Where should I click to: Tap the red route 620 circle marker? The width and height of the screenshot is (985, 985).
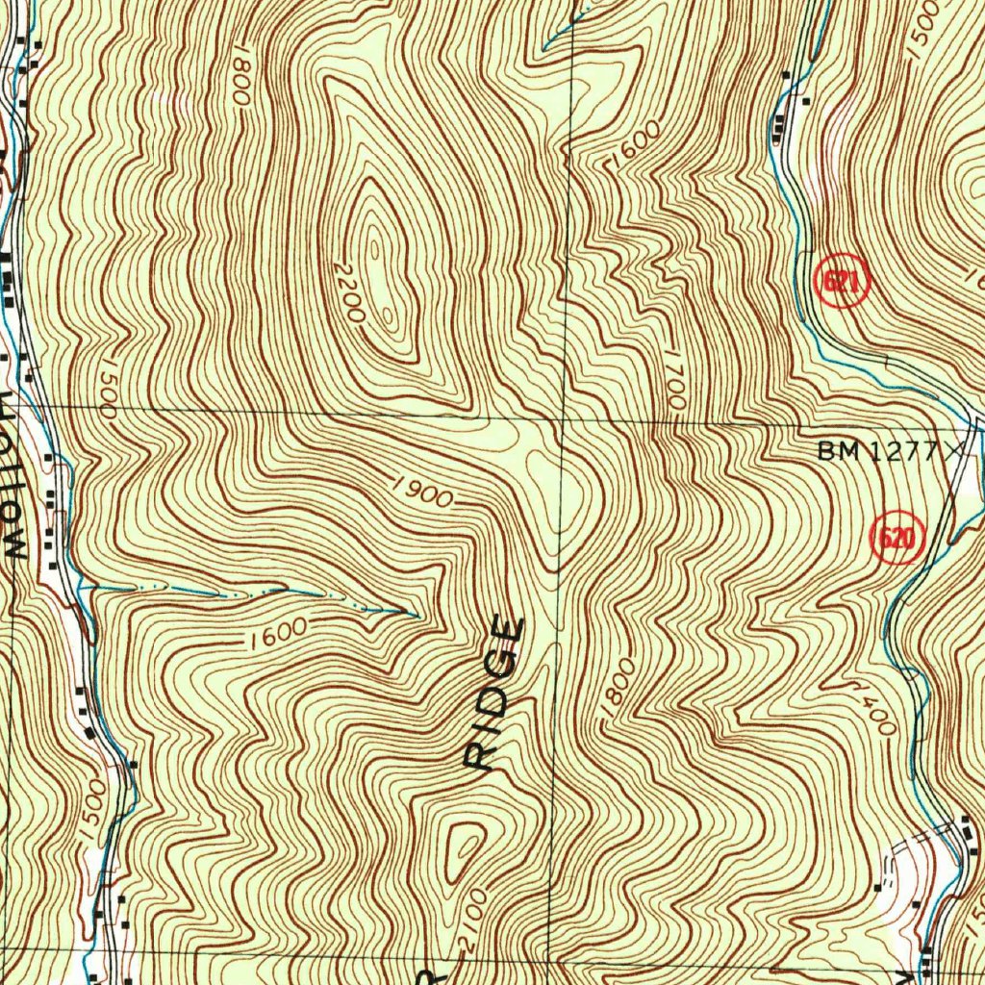click(x=897, y=539)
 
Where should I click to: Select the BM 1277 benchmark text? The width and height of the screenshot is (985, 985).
click(x=875, y=450)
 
